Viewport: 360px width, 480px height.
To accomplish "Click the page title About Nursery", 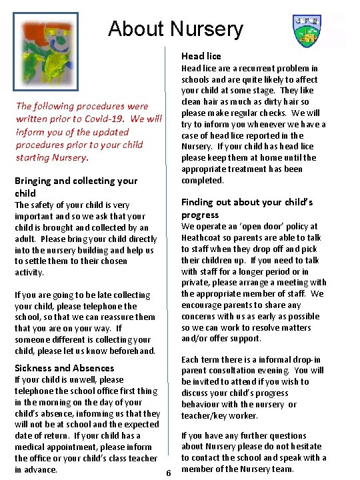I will [175, 29].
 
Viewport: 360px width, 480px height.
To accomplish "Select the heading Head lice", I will [201, 56].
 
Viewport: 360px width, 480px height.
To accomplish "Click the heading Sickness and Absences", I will [64, 368].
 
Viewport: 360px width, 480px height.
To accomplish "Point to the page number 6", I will [168, 472].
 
